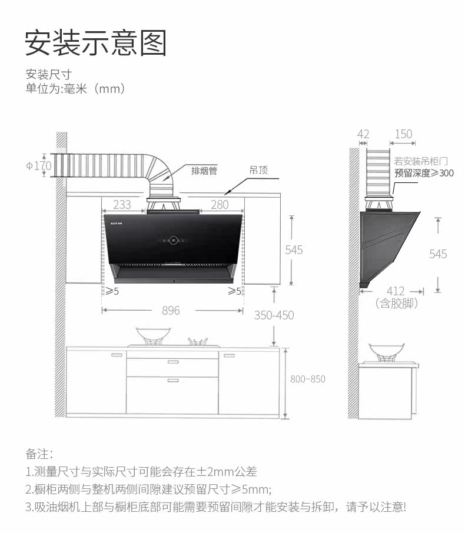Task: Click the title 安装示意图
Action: (96, 43)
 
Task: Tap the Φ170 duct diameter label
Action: (39, 166)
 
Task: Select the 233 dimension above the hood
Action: (122, 205)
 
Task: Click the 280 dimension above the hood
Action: (219, 205)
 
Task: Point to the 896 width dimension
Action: (171, 310)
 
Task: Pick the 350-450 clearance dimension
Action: (274, 315)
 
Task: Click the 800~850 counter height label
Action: (307, 379)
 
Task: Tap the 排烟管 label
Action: (204, 171)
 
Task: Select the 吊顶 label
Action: (258, 171)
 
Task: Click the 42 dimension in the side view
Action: (363, 134)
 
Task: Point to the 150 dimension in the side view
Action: (403, 134)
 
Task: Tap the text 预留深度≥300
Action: (424, 173)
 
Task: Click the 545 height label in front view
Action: (294, 250)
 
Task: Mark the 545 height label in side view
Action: (438, 254)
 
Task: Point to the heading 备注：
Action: (39, 454)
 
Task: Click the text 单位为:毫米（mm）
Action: (75, 89)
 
